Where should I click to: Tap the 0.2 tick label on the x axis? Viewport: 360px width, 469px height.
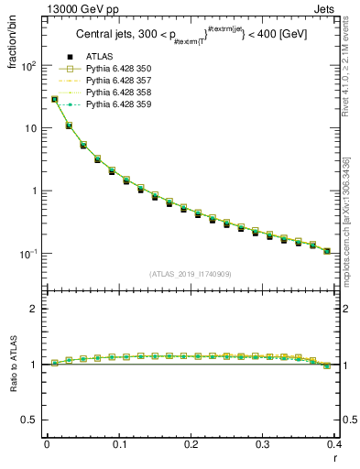(x=190, y=443)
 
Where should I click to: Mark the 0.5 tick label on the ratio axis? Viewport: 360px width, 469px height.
(x=31, y=420)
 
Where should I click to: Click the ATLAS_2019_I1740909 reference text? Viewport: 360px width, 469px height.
(x=189, y=274)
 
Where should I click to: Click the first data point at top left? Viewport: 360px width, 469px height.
(x=54, y=99)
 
